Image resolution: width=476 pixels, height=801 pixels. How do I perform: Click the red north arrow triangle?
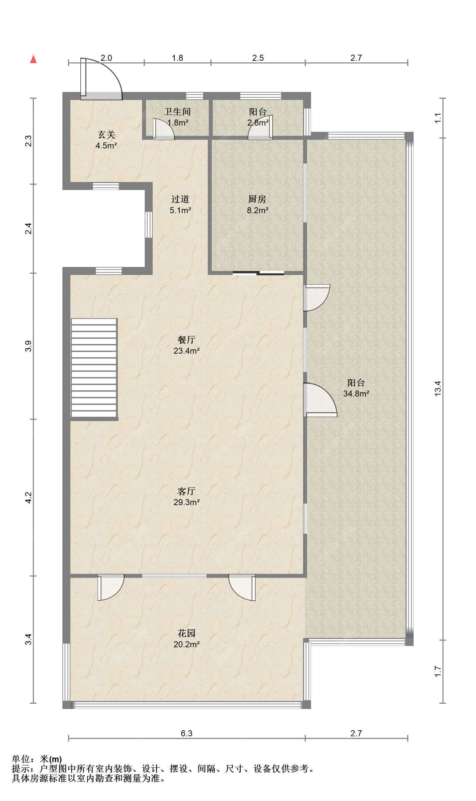[x=33, y=59]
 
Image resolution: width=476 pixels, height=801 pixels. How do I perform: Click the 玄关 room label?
[x=106, y=140]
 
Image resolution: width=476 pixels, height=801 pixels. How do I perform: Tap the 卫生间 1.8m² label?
[x=177, y=117]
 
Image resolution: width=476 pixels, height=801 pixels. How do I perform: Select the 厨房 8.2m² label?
[x=257, y=204]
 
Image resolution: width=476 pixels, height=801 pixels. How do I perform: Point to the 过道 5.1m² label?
[x=180, y=204]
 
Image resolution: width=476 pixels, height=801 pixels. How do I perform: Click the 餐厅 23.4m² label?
[x=186, y=345]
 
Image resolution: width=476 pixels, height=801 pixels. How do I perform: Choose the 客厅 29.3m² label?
[x=186, y=496]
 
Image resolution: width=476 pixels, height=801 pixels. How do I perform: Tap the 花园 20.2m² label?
[x=186, y=639]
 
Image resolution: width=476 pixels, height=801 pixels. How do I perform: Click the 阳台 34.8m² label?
[x=356, y=388]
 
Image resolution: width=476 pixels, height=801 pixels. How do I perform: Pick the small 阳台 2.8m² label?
[x=258, y=117]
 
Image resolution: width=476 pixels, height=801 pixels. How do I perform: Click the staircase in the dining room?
[x=94, y=368]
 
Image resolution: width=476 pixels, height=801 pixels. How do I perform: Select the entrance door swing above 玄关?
[x=102, y=79]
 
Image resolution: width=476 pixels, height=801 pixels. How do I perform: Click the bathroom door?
[x=164, y=129]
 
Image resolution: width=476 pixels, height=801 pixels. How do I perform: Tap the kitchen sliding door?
[x=258, y=273]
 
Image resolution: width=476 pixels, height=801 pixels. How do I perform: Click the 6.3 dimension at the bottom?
[x=187, y=733]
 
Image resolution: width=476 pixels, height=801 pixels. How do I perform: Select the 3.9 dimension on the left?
[x=29, y=346]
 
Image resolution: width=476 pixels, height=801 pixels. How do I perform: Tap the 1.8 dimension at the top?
[x=177, y=58]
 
